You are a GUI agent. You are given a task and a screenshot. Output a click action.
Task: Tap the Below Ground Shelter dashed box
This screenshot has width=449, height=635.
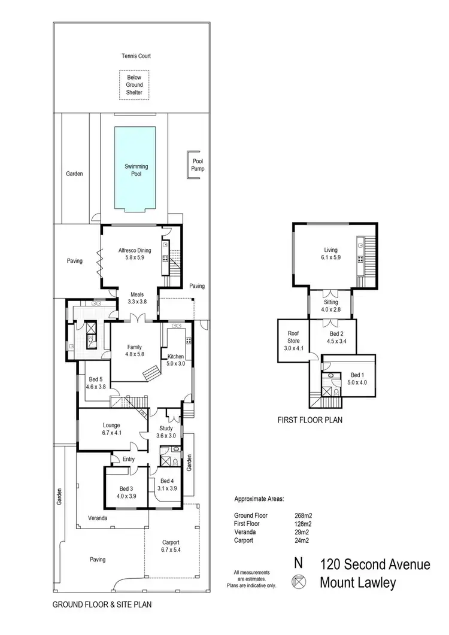[x=134, y=85]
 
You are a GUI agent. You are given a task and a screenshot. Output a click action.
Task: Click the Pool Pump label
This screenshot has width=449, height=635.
[x=198, y=165]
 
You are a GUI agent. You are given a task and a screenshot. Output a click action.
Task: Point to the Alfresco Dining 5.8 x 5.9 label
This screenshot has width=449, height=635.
[x=134, y=254]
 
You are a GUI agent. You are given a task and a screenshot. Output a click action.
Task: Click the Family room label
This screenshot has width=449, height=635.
[x=134, y=350]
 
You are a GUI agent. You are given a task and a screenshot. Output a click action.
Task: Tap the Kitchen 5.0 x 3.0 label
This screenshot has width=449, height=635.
[x=176, y=360]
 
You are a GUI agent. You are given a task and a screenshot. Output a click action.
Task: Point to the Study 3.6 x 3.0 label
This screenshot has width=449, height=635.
[x=166, y=432]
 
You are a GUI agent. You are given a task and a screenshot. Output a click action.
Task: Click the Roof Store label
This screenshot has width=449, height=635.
[x=294, y=340]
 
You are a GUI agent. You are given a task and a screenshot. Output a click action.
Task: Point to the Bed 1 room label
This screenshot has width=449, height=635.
[x=356, y=377]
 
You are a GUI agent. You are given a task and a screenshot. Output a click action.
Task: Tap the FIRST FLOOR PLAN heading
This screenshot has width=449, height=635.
[x=309, y=421]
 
